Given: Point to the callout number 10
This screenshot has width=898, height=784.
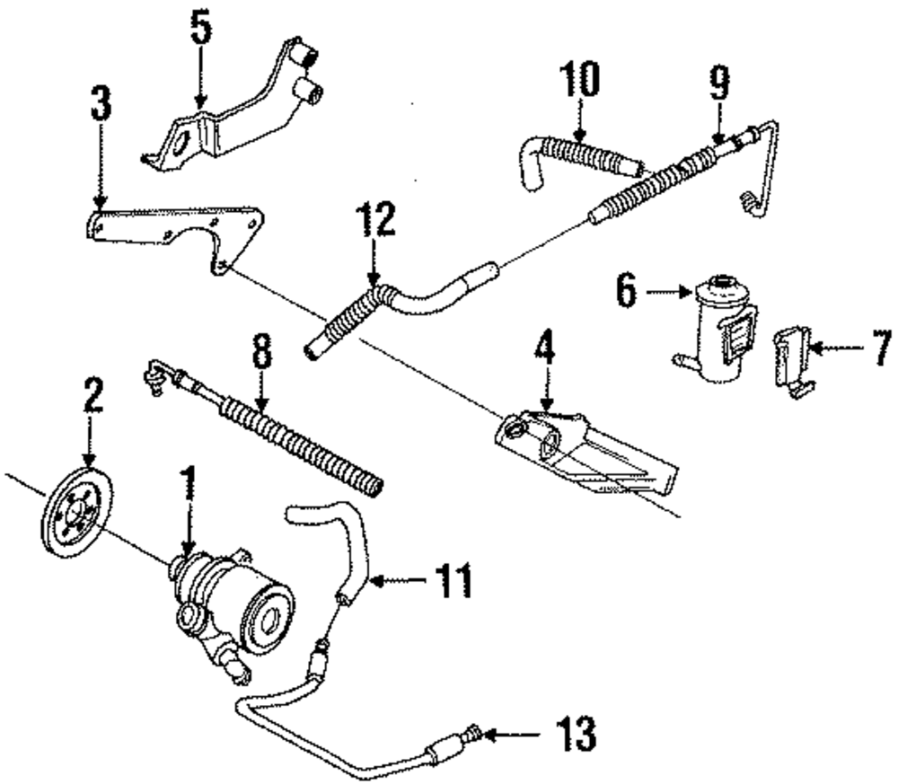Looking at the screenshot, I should (579, 82).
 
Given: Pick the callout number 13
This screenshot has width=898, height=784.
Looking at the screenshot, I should (575, 735).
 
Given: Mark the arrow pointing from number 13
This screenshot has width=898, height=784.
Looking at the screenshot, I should (512, 735).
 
